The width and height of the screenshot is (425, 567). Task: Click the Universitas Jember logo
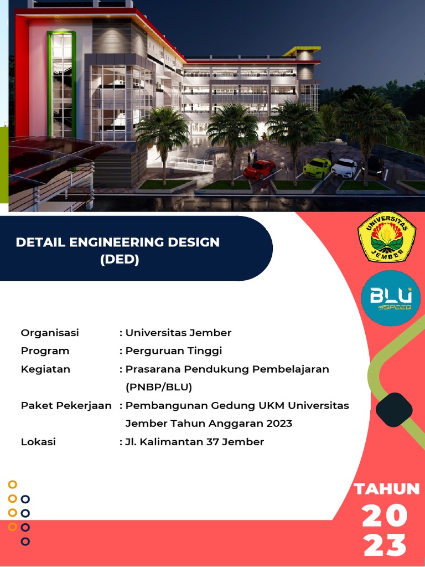tap(387, 236)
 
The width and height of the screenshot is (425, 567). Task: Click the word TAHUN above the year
tap(387, 489)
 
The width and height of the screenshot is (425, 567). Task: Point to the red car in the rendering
tap(260, 169)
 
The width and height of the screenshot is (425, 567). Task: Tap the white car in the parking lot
tap(344, 168)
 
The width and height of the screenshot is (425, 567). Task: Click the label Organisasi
tap(50, 333)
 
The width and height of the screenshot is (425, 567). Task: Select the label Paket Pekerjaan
tap(66, 405)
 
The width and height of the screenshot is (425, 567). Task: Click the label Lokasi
tap(38, 442)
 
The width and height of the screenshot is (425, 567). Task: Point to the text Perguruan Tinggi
tap(173, 351)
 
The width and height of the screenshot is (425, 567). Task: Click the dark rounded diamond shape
tap(394, 410)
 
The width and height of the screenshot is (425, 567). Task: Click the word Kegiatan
tap(45, 369)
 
